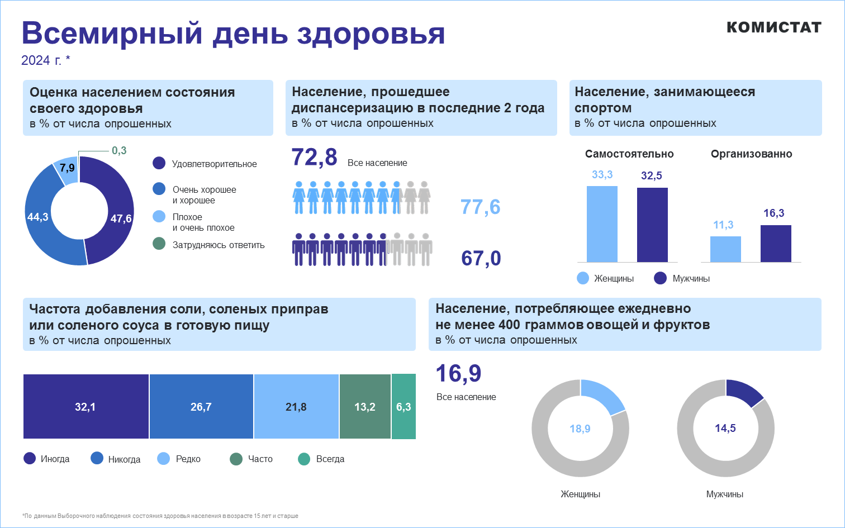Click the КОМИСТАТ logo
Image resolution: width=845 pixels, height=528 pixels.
773,27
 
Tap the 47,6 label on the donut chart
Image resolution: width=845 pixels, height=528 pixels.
121,218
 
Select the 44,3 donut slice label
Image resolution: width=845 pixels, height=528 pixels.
37,217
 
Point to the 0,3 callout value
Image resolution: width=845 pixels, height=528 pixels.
119,150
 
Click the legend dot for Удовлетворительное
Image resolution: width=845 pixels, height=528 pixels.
159,163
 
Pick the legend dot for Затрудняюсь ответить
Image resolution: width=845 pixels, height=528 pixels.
159,244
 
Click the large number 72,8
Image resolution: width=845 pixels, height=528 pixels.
315,158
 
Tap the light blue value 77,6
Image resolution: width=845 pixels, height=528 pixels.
481,207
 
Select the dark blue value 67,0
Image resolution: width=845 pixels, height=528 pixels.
481,258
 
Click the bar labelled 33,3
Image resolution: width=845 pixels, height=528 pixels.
602,223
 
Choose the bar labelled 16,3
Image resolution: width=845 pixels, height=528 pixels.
776,243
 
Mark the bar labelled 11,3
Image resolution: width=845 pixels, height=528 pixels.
725,249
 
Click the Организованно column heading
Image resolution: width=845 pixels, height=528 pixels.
751,154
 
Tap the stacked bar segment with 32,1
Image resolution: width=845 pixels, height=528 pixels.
86,407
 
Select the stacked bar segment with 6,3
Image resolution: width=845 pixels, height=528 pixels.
403,407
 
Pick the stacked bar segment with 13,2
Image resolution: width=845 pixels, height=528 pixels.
365,407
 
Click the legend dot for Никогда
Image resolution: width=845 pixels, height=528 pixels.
97,459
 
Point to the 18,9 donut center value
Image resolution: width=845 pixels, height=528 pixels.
580,429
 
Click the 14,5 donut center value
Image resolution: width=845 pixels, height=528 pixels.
725,428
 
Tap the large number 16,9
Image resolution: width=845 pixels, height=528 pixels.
458,373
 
